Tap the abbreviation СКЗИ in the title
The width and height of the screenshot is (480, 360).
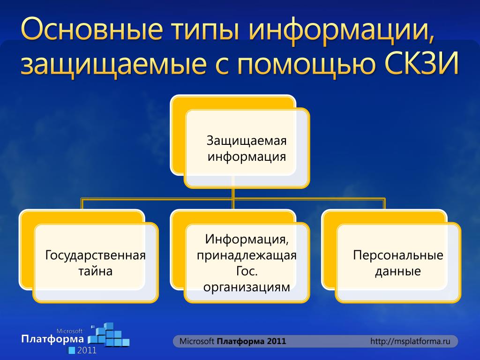click(x=422, y=63)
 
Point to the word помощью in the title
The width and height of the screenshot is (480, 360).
click(x=306, y=64)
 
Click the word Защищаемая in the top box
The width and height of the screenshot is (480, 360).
click(x=247, y=141)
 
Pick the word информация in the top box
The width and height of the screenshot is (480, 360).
click(x=247, y=157)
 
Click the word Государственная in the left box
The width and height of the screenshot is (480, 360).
click(x=95, y=255)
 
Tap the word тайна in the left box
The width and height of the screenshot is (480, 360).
click(x=95, y=271)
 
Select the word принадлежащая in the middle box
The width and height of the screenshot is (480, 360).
click(x=247, y=255)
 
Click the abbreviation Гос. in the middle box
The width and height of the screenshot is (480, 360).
click(x=247, y=271)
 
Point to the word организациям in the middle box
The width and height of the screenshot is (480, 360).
click(x=247, y=287)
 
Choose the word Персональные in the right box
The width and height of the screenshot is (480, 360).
click(x=398, y=255)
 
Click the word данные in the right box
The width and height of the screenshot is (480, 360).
click(x=398, y=271)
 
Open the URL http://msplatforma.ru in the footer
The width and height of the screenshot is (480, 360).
click(x=410, y=341)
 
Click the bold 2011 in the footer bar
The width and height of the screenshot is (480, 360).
click(x=277, y=341)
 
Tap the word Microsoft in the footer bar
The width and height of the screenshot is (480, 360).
click(x=196, y=341)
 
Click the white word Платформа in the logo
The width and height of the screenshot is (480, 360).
click(x=52, y=339)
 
